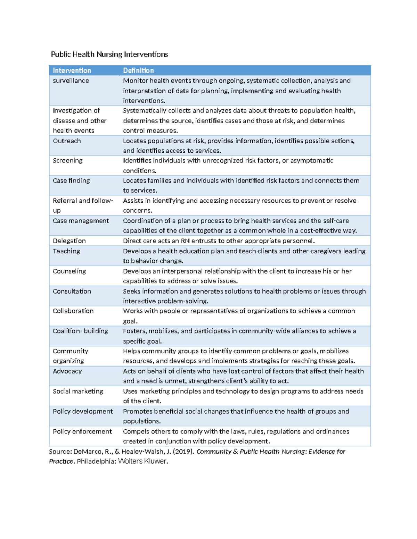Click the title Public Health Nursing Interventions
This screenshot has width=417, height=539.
109,54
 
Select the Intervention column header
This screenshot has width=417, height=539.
72,70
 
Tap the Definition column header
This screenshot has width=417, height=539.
138,70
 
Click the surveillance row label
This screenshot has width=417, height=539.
71,81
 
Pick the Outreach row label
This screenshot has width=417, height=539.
67,141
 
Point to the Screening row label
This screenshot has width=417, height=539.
68,160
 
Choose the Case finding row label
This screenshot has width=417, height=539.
71,180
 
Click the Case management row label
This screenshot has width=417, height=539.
81,221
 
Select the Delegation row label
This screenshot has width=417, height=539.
69,241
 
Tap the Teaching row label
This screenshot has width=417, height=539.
66,251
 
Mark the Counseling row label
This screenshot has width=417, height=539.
69,271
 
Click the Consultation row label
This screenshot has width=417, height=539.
72,291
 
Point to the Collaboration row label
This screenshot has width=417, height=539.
73,311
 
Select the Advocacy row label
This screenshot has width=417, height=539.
67,371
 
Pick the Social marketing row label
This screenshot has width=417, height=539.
78,391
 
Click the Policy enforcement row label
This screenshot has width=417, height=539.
82,431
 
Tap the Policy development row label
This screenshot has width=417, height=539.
83,411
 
